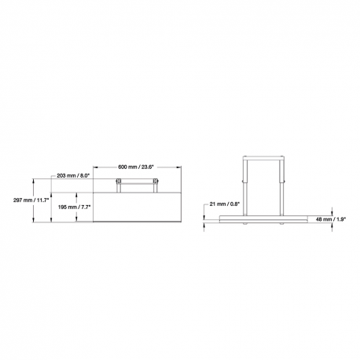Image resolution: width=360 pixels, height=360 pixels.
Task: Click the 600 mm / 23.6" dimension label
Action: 136,167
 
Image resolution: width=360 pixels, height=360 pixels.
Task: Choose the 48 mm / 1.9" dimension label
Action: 329,220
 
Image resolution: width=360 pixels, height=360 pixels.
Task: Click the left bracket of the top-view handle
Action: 118,185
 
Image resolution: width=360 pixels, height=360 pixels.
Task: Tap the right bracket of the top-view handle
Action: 155,185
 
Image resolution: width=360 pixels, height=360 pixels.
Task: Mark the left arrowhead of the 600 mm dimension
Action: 95,167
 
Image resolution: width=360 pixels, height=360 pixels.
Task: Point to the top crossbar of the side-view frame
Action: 263,157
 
